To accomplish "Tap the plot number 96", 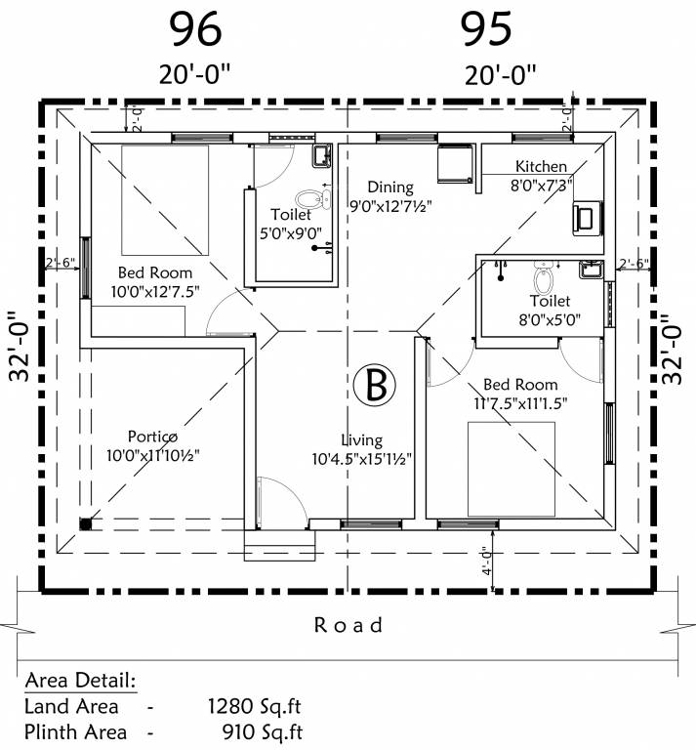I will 196,28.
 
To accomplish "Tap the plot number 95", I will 486,28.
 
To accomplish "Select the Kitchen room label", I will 540,166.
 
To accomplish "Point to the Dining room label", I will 390,187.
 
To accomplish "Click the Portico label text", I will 152,436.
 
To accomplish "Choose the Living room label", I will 361,440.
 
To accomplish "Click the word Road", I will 348,624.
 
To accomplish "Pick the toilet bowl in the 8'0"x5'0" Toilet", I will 545,267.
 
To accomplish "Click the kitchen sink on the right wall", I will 588,218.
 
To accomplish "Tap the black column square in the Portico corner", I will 86,523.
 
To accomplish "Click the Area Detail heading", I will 80,680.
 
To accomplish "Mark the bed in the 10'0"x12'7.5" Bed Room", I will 164,197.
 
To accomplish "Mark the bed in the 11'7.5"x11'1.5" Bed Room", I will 511,469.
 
